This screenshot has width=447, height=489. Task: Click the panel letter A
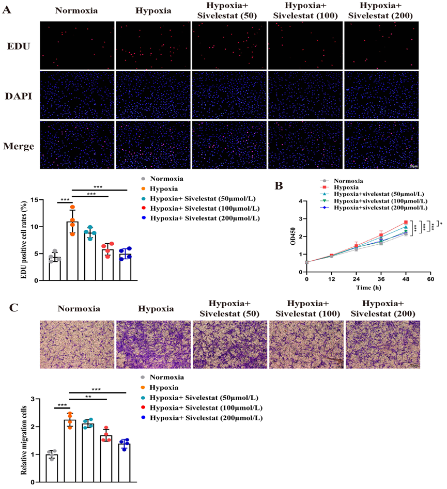[8, 10]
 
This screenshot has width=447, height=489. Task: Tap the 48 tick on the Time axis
[406, 279]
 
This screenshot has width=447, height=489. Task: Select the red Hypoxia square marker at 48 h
[406, 222]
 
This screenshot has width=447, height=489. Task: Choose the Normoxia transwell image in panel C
[76, 344]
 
